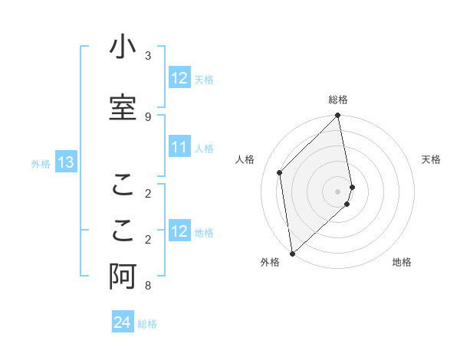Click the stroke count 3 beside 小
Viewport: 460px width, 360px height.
(x=148, y=56)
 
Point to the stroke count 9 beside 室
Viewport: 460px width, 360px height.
(x=148, y=116)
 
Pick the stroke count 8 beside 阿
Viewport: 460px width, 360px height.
(x=148, y=286)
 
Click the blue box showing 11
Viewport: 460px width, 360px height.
(x=179, y=148)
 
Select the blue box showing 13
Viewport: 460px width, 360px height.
(x=66, y=162)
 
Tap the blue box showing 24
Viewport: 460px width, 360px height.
(x=123, y=323)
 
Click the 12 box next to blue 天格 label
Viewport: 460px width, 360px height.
(x=179, y=78)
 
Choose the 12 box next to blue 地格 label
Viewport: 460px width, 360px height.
(x=179, y=232)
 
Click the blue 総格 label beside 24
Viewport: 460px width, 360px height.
(x=147, y=324)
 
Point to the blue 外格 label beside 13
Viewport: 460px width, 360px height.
(x=41, y=163)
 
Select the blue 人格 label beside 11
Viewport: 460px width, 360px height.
(x=205, y=149)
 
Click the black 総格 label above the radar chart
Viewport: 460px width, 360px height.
(x=338, y=100)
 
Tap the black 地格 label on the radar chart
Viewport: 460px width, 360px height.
(x=402, y=262)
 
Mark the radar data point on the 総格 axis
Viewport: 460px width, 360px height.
(x=338, y=116)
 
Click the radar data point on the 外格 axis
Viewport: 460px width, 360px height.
(x=291, y=253)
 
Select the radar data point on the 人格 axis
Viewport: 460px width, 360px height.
(x=280, y=172)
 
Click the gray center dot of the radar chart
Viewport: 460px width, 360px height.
(x=338, y=191)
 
